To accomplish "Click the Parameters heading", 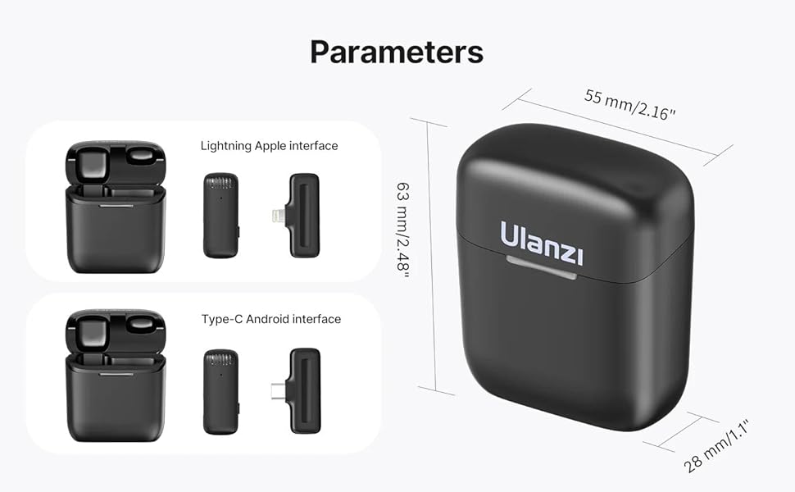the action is (397, 51).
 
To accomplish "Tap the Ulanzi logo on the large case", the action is (542, 244).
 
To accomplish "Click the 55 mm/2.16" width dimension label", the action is (629, 105).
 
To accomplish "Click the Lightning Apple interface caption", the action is (269, 146).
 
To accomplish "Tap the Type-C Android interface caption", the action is (270, 319).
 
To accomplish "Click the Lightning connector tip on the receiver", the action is (275, 216).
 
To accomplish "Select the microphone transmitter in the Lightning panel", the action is (220, 216).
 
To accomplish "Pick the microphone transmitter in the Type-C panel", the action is (220, 391).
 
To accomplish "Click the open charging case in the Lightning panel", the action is (116, 207).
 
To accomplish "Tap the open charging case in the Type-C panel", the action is (116, 376).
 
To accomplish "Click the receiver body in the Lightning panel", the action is (304, 215).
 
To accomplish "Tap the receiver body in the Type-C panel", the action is (304, 389).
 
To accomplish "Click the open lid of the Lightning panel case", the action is (116, 163).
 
